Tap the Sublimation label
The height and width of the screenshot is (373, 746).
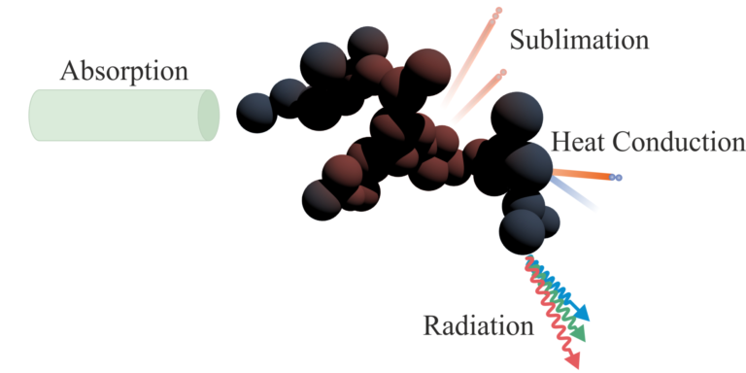[x=578, y=41]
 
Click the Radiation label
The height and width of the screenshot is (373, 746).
[x=478, y=324]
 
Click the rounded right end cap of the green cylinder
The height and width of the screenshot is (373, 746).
[x=208, y=115]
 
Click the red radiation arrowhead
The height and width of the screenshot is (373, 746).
[x=572, y=359]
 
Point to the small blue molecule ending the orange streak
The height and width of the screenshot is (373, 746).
[x=618, y=178]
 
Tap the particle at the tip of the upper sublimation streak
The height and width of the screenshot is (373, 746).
[x=497, y=13]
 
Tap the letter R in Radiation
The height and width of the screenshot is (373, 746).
[x=432, y=324]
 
